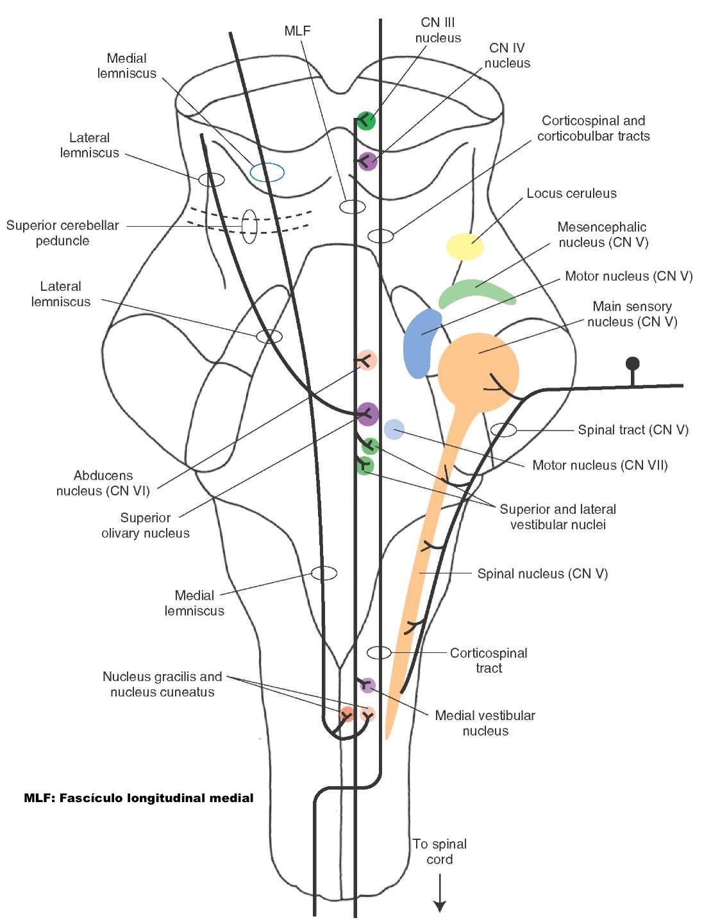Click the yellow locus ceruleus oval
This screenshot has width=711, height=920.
(x=465, y=247)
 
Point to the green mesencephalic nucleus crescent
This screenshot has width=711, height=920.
(x=475, y=292)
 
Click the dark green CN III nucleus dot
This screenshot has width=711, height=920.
(x=365, y=120)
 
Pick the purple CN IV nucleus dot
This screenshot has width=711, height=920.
(x=367, y=161)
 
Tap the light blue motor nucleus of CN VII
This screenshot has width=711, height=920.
(x=394, y=430)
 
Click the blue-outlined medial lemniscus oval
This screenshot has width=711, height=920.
(x=267, y=172)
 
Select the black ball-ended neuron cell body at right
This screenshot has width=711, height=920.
(x=633, y=364)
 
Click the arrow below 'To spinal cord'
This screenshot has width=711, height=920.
(x=440, y=894)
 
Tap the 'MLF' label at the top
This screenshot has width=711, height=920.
(x=297, y=31)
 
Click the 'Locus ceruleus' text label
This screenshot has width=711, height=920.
(x=571, y=193)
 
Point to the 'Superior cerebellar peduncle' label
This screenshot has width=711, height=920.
(x=62, y=233)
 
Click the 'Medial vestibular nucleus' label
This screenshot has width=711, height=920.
(x=485, y=723)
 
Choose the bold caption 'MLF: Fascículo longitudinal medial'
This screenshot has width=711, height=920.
(x=138, y=798)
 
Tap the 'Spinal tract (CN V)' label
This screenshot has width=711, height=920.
(x=633, y=430)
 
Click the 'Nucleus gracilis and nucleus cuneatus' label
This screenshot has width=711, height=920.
(x=162, y=684)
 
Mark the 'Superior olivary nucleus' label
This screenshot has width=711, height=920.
(x=146, y=525)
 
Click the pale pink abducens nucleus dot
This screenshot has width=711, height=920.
(x=366, y=360)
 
